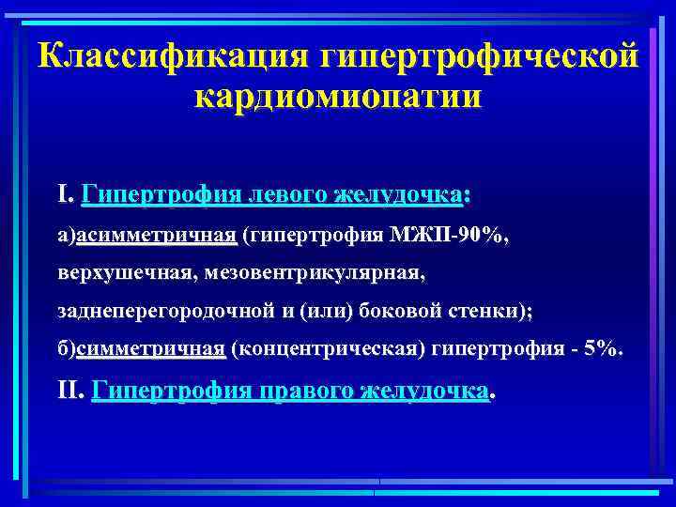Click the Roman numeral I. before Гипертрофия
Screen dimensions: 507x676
click(x=64, y=195)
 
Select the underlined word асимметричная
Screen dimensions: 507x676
click(x=156, y=238)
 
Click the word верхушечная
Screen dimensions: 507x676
click(x=114, y=275)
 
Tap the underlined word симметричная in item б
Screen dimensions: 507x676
click(x=149, y=349)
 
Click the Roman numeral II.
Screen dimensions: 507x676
click(x=70, y=391)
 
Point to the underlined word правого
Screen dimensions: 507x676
click(x=305, y=391)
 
